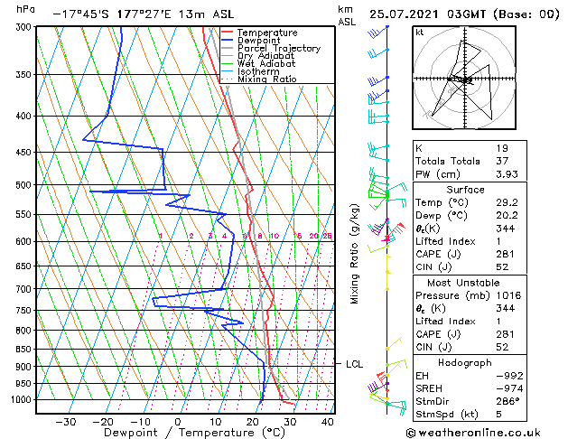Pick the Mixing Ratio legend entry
(x=266, y=79)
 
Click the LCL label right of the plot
(x=354, y=364)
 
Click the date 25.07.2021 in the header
(x=412, y=14)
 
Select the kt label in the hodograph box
(x=420, y=32)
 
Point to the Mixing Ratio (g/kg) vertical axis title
(x=355, y=254)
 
